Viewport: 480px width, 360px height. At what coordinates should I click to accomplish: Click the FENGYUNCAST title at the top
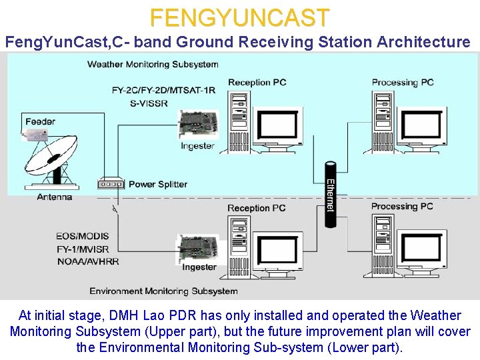tap(239, 17)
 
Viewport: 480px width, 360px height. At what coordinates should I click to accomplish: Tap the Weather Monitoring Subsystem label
tap(153, 65)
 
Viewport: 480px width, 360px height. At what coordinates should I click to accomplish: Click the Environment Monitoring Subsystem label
tap(163, 291)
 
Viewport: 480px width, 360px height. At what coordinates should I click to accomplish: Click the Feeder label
tap(40, 121)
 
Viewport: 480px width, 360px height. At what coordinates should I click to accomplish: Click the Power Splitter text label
tap(158, 184)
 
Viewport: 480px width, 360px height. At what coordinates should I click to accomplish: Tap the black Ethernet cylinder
tap(330, 194)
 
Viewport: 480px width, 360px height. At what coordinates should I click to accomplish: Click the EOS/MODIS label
tap(83, 236)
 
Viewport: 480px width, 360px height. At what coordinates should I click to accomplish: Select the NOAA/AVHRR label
tap(88, 261)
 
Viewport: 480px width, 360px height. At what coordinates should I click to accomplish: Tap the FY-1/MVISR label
tap(83, 249)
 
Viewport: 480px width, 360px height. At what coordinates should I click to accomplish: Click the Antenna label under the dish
tap(55, 197)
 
